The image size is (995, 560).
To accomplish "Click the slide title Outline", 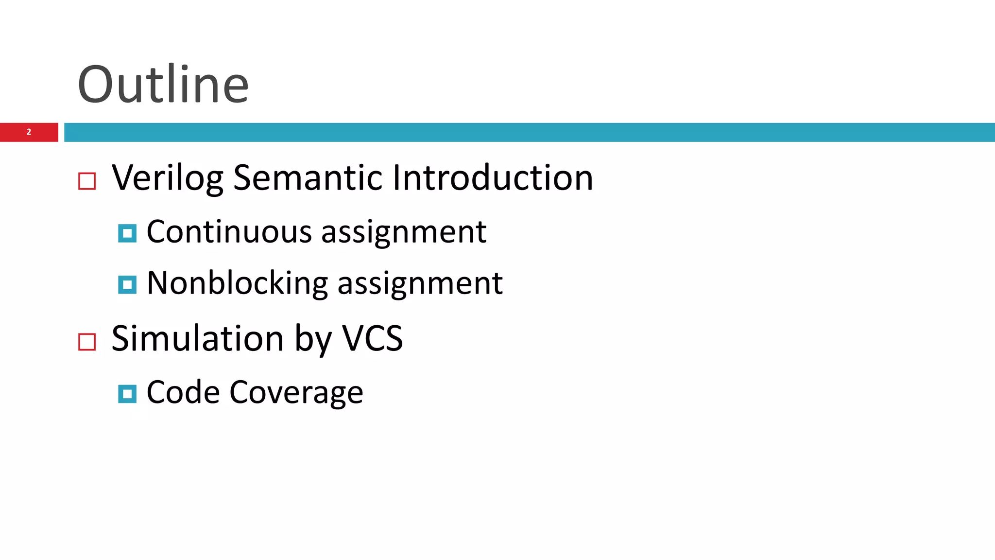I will tap(163, 85).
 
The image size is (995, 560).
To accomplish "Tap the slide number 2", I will tap(29, 132).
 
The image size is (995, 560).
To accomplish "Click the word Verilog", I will tap(167, 178).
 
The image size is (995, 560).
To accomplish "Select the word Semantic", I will tap(308, 178).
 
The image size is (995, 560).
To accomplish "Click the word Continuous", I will tap(229, 232).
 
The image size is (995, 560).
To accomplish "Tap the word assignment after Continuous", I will tap(404, 232).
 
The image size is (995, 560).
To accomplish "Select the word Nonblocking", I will tap(237, 283).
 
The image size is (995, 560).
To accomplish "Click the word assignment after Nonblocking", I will tap(420, 284).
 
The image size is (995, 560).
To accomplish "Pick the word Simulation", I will tap(197, 338).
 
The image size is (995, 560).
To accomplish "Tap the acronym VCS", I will tap(373, 338).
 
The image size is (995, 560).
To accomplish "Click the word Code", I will tap(182, 392).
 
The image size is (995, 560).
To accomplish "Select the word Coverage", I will tap(296, 393).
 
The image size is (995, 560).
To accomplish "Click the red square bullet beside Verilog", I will tap(87, 181).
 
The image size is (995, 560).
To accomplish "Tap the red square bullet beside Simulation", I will tap(87, 342).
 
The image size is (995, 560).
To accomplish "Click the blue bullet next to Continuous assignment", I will tap(127, 233).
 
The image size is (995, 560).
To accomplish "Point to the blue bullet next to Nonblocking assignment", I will tap(127, 285).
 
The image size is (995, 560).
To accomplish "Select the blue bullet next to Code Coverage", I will tap(127, 394).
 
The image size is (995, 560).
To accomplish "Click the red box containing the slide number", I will tap(15, 132).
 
